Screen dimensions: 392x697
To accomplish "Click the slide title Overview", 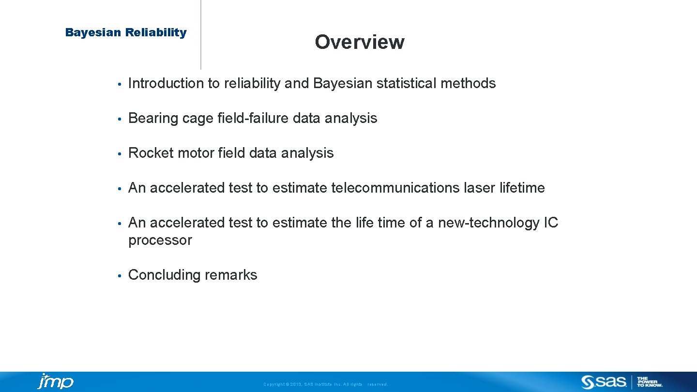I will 359,42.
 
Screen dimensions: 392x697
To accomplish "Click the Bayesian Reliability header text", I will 126,32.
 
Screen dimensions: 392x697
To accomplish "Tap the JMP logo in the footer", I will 56,381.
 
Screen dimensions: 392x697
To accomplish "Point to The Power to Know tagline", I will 650,382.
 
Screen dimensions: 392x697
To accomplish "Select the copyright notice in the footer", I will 325,384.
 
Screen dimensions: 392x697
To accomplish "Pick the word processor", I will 160,240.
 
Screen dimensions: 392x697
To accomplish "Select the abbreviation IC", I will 551,223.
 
